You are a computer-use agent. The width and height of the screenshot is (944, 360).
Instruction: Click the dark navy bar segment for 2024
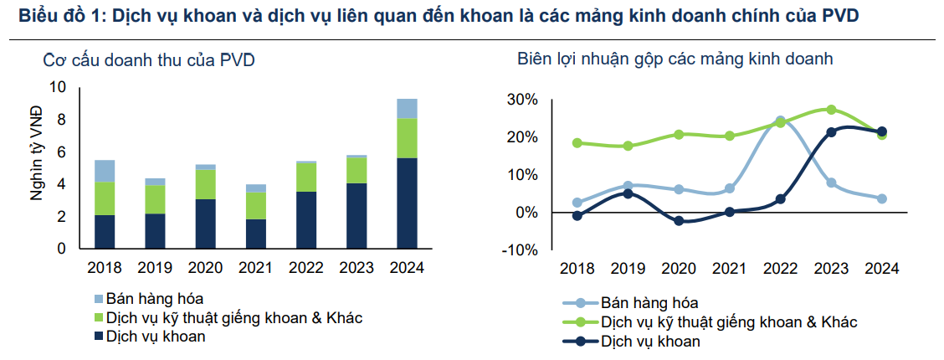[x=407, y=203]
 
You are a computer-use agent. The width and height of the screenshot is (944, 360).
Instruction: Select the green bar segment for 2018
[x=105, y=198]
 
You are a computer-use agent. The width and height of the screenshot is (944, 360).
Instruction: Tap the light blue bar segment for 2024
[x=407, y=108]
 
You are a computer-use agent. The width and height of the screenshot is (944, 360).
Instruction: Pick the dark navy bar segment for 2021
[x=255, y=234]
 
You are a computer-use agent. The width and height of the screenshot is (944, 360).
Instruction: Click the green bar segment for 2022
[x=306, y=177]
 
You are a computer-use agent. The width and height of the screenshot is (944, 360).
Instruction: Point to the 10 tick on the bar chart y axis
[x=58, y=87]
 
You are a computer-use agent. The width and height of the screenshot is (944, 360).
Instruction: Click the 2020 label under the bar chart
[x=206, y=268]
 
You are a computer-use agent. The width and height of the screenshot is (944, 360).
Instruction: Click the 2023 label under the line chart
[x=831, y=268]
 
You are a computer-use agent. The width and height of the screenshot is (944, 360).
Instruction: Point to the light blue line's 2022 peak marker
[x=781, y=121]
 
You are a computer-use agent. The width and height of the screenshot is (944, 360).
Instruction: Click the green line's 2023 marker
[x=831, y=110]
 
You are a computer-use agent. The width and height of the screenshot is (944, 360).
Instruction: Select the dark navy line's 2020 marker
[x=679, y=221]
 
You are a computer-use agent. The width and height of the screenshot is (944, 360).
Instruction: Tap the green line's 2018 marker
[x=577, y=143]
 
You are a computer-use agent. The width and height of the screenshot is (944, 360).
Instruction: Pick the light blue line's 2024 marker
[x=882, y=198]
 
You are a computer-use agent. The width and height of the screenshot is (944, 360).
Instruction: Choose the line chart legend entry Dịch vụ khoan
[x=650, y=341]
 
